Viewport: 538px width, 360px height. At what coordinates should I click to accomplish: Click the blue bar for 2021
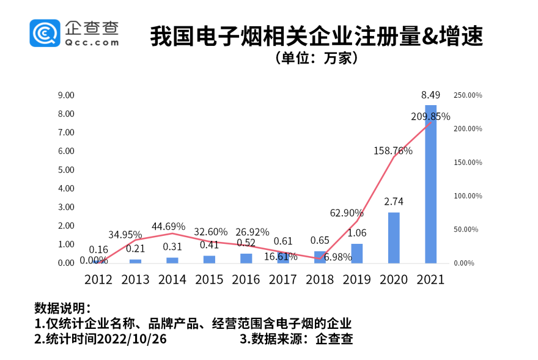pos(430,184)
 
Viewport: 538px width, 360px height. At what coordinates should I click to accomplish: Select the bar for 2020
pos(394,238)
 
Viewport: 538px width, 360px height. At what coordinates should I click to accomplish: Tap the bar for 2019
pos(356,253)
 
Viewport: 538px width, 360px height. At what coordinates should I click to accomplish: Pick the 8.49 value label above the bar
pos(430,95)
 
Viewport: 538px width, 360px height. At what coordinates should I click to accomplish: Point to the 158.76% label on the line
pos(393,150)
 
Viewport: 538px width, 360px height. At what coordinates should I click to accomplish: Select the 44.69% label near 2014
pos(168,227)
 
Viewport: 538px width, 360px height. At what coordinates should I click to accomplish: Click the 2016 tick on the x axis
pos(246,279)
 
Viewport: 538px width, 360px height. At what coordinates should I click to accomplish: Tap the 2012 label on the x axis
pos(99,279)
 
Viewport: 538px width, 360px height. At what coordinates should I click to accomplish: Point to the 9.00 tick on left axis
pos(65,95)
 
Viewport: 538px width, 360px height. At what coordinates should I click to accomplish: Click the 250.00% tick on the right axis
pos(468,95)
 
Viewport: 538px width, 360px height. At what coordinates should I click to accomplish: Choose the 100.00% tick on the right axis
pos(468,196)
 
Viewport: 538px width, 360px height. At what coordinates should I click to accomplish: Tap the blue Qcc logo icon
pos(45,33)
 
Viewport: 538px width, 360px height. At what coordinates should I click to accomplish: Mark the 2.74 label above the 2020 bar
pos(394,202)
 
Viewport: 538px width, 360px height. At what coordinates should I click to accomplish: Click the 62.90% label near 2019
pos(347,213)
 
